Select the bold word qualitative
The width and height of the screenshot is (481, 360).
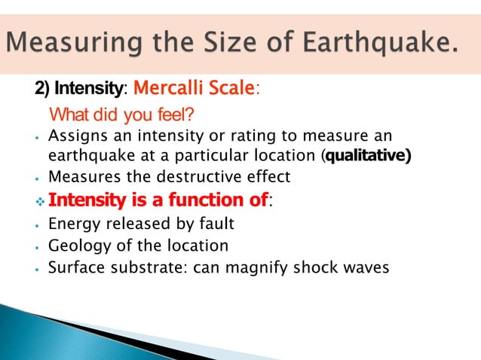coord(366,157)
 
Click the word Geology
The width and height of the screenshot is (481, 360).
coord(75,246)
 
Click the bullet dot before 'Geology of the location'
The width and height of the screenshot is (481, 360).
coord(38,246)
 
